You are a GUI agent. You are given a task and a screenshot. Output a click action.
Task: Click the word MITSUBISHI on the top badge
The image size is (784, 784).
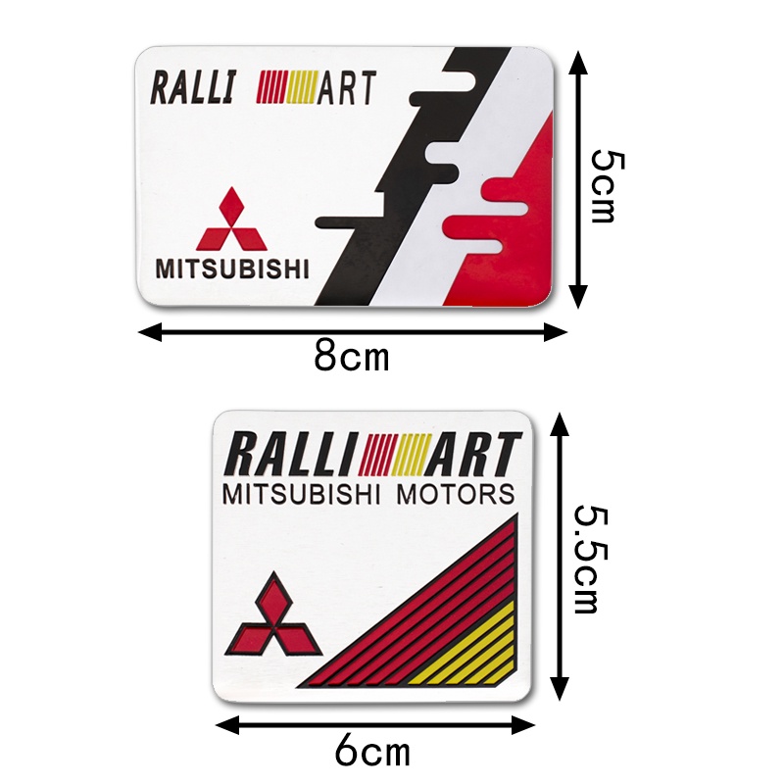click(x=231, y=268)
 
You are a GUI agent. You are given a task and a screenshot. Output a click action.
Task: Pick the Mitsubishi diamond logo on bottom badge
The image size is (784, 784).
click(x=273, y=618)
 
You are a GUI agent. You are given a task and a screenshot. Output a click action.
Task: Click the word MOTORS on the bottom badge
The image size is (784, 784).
click(x=456, y=493)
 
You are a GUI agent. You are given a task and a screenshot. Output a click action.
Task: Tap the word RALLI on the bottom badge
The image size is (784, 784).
click(x=292, y=455)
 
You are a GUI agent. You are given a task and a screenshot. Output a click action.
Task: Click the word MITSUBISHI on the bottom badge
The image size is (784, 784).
click(x=305, y=493)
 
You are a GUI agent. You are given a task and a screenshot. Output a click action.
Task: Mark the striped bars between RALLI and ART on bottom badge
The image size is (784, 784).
click(x=394, y=454)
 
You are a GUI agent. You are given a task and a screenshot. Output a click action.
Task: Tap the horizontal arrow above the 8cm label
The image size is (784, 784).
click(x=353, y=331)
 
